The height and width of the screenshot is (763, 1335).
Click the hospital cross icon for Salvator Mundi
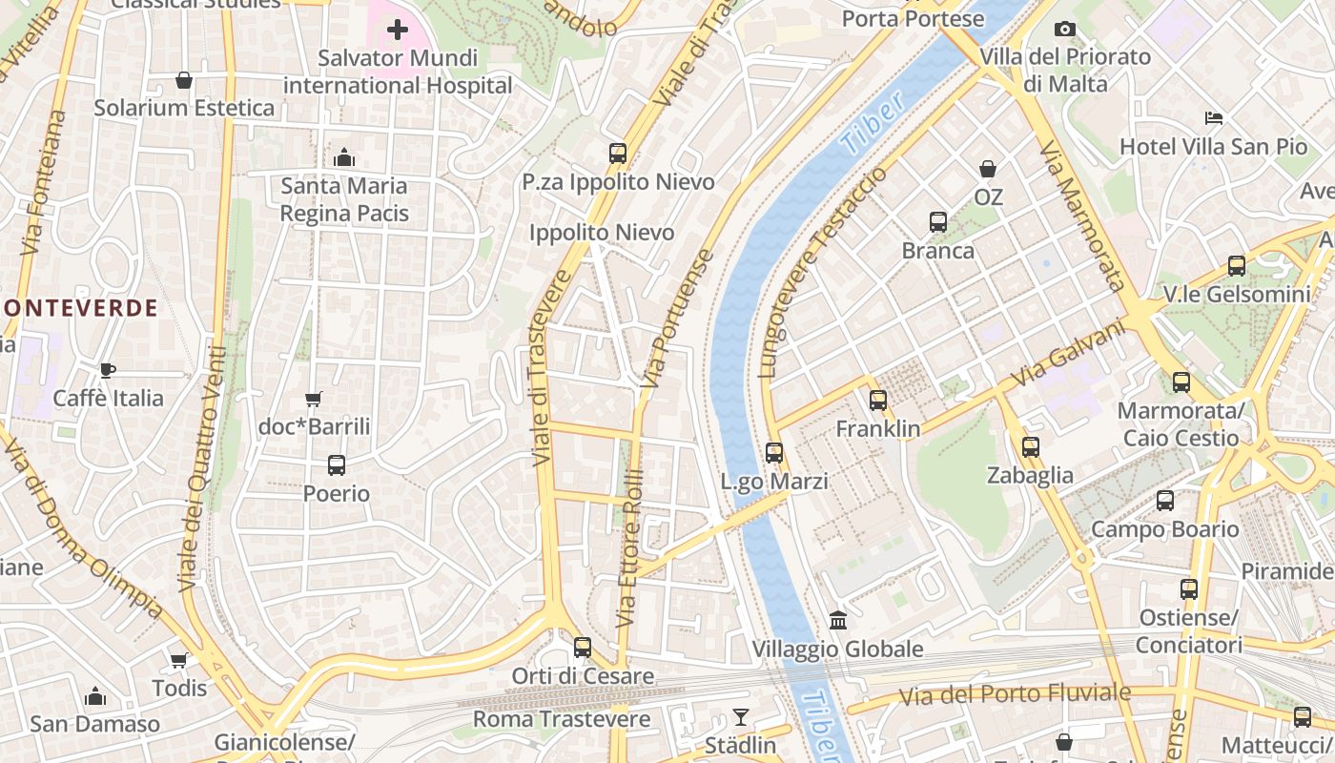coord(398,31)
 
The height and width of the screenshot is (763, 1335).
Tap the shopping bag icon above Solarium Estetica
coord(184,80)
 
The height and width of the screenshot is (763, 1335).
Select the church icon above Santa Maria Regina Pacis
coord(344,157)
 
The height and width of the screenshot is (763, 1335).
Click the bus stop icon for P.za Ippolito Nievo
coord(618,153)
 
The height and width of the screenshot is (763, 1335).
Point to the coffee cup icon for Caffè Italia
coord(108,370)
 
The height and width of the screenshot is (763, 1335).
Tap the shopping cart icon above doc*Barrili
coord(313,399)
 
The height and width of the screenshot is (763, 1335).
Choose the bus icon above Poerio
coord(337,465)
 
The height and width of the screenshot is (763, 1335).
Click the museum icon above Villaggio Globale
coord(838,621)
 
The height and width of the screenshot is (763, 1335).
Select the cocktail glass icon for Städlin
coord(741,716)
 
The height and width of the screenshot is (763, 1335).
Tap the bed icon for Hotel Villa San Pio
coord(1214,118)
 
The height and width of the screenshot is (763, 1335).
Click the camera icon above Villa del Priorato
coord(1065,30)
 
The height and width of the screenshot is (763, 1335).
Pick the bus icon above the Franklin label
coord(878,401)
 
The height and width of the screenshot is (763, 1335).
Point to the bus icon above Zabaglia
coord(1031,446)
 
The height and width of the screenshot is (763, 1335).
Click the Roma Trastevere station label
coord(562,719)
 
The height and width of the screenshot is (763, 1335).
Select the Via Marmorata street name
coord(1081,216)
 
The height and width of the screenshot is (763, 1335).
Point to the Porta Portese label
coord(913,18)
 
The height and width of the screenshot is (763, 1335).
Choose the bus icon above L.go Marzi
coord(774,453)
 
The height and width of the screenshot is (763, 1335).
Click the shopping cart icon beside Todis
coord(178,660)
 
